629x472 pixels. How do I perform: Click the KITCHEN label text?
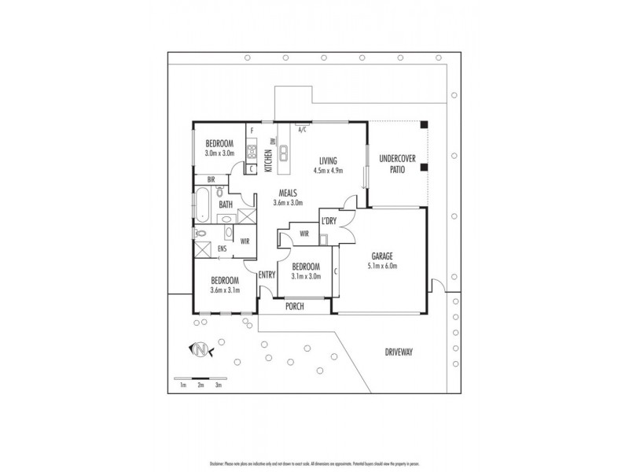coord(268,162)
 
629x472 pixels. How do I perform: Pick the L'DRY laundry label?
coord(329,221)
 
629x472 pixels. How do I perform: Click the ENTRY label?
coord(267,274)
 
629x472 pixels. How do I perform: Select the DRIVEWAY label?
coord(398,351)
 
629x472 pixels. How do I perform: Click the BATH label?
coord(226,205)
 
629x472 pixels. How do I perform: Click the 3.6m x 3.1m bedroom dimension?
coord(225,290)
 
